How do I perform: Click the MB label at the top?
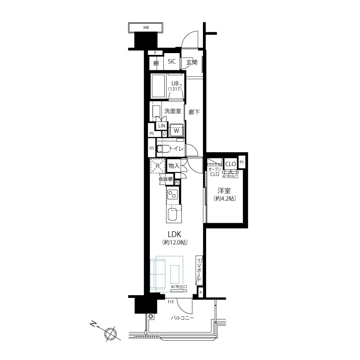click(146, 27)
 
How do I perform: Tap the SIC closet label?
click(172, 61)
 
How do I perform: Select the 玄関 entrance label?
click(192, 62)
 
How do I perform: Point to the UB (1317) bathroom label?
click(175, 86)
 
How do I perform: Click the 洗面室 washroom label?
click(173, 111)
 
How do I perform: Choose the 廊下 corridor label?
click(194, 112)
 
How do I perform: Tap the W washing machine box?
click(176, 130)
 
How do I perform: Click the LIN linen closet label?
click(162, 126)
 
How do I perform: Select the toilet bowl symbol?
click(163, 148)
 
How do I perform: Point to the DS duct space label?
click(152, 148)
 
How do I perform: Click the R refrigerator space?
click(157, 166)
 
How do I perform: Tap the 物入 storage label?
click(174, 166)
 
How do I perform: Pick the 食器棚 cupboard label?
click(166, 179)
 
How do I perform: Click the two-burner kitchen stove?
click(172, 194)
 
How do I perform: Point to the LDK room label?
click(175, 234)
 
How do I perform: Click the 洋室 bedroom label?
click(224, 191)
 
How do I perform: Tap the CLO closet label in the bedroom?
click(230, 164)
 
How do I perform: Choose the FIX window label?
click(171, 302)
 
